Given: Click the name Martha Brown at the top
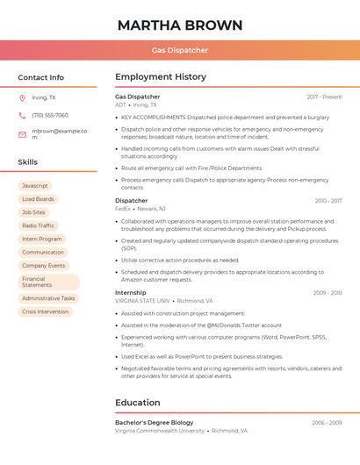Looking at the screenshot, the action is click(180, 25).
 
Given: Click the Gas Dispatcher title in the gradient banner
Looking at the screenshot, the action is click(180, 51).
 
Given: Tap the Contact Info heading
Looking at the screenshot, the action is click(41, 77).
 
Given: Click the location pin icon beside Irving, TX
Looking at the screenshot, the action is click(22, 97).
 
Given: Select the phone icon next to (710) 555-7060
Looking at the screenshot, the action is click(22, 115).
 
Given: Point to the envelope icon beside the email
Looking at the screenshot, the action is click(22, 134).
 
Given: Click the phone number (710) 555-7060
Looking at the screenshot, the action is click(50, 115).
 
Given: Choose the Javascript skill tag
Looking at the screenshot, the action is click(35, 186).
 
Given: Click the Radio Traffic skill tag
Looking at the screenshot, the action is click(38, 225).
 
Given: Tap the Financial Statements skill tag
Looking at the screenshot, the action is click(48, 283).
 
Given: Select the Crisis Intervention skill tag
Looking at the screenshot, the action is click(45, 311).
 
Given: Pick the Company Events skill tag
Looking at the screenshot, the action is click(44, 265).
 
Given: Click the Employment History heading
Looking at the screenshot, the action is click(161, 77).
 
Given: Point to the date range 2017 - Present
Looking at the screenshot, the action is click(324, 97).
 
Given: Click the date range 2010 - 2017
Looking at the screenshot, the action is click(328, 201).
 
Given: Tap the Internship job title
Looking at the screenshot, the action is click(131, 292).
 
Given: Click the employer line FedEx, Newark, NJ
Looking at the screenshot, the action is click(140, 209).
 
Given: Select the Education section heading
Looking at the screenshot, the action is click(138, 403).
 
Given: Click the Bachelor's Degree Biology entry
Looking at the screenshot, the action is click(155, 423).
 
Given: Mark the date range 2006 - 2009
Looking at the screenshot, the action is click(327, 423).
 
